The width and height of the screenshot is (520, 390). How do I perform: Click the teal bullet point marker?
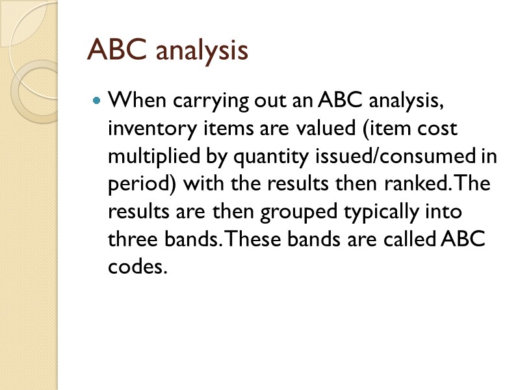coord(97,101)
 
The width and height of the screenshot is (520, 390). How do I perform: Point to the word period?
coord(136,185)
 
